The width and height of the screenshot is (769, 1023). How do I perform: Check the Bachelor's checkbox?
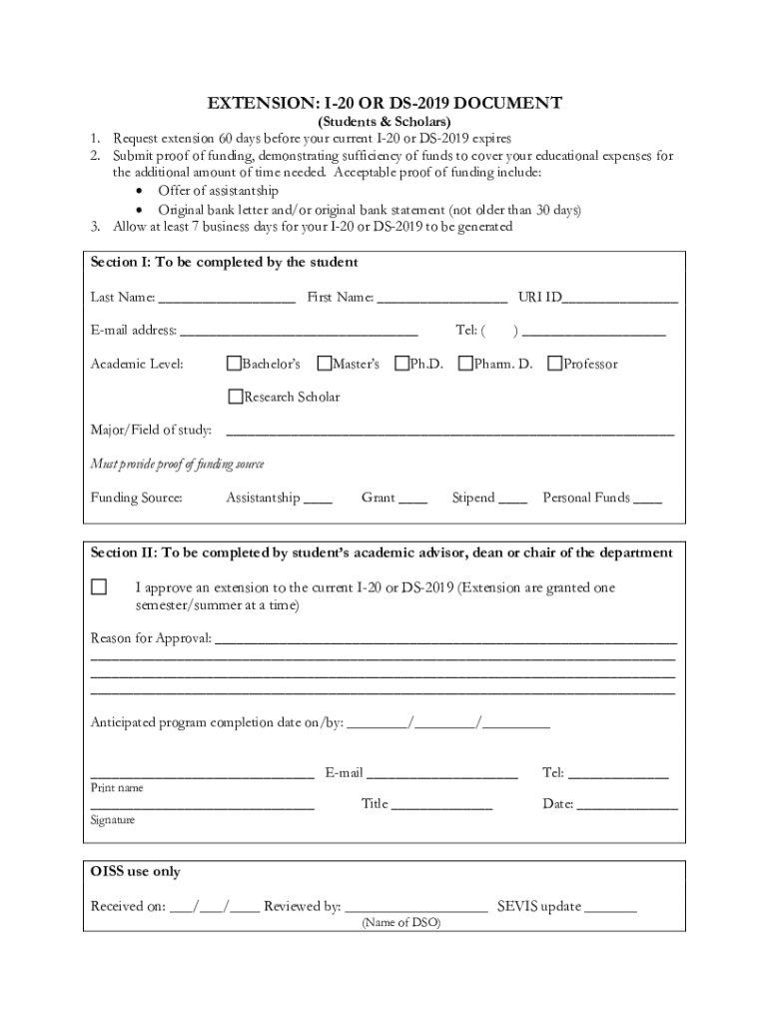pyautogui.click(x=235, y=363)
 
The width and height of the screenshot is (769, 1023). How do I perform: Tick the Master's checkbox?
pyautogui.click(x=324, y=363)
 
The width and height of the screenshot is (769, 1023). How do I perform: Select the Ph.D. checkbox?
pyautogui.click(x=401, y=363)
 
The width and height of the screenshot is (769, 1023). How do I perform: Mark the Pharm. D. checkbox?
pyautogui.click(x=465, y=363)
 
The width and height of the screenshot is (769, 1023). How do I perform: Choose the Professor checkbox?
pyautogui.click(x=555, y=363)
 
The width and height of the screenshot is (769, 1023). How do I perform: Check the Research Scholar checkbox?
pyautogui.click(x=235, y=397)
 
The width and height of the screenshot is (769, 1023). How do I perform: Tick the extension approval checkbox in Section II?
pyautogui.click(x=99, y=587)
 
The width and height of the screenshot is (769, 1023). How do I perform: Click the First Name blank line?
pyautogui.click(x=442, y=299)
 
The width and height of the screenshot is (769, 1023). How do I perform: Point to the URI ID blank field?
pyautogui.click(x=620, y=299)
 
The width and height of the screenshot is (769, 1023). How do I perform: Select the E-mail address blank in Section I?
pyautogui.click(x=299, y=332)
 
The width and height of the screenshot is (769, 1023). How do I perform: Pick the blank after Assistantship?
pyautogui.click(x=318, y=499)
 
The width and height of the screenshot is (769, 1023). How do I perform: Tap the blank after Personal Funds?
pyautogui.click(x=647, y=499)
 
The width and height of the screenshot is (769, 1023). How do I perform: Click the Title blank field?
pyautogui.click(x=441, y=805)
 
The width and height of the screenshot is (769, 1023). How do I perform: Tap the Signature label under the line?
pyautogui.click(x=113, y=820)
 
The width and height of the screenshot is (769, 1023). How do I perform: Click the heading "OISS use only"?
pyautogui.click(x=136, y=872)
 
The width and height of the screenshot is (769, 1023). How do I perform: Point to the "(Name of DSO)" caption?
pyautogui.click(x=400, y=923)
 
